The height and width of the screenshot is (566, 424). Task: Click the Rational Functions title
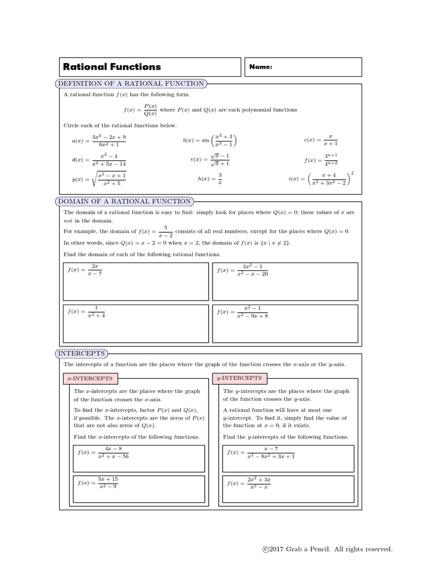click(x=112, y=67)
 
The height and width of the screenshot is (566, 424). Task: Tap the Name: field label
click(x=261, y=67)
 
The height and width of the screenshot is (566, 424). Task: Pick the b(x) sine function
click(x=210, y=141)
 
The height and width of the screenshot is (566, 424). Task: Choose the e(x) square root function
click(x=210, y=160)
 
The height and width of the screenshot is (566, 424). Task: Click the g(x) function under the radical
click(x=99, y=179)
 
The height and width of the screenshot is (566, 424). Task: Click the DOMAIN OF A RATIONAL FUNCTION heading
click(x=125, y=201)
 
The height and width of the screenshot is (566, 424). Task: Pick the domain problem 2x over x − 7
click(x=85, y=270)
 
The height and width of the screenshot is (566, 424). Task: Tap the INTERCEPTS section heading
click(x=82, y=353)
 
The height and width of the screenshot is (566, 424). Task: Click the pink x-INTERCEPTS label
click(x=90, y=379)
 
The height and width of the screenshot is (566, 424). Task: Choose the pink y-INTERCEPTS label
click(x=240, y=379)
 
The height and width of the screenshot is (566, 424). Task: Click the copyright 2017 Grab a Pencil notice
click(x=327, y=549)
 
